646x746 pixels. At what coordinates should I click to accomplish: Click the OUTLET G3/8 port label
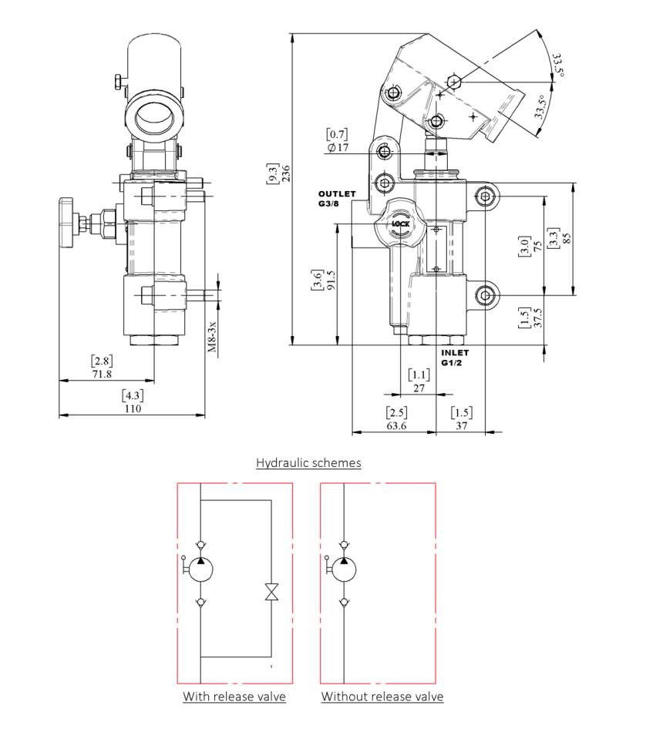[337, 199]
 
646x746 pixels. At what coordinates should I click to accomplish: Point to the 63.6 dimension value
[396, 425]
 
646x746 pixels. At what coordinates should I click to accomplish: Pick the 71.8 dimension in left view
[102, 374]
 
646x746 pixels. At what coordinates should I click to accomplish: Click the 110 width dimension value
[133, 408]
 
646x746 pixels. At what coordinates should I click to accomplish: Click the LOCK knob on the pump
[401, 224]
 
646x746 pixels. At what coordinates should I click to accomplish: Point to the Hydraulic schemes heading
[308, 463]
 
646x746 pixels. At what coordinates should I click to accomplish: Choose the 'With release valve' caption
[234, 697]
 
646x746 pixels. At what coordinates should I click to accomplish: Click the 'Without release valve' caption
[382, 697]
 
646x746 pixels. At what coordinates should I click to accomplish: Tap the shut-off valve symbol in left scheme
[271, 593]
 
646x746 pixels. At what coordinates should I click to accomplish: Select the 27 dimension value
[419, 388]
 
